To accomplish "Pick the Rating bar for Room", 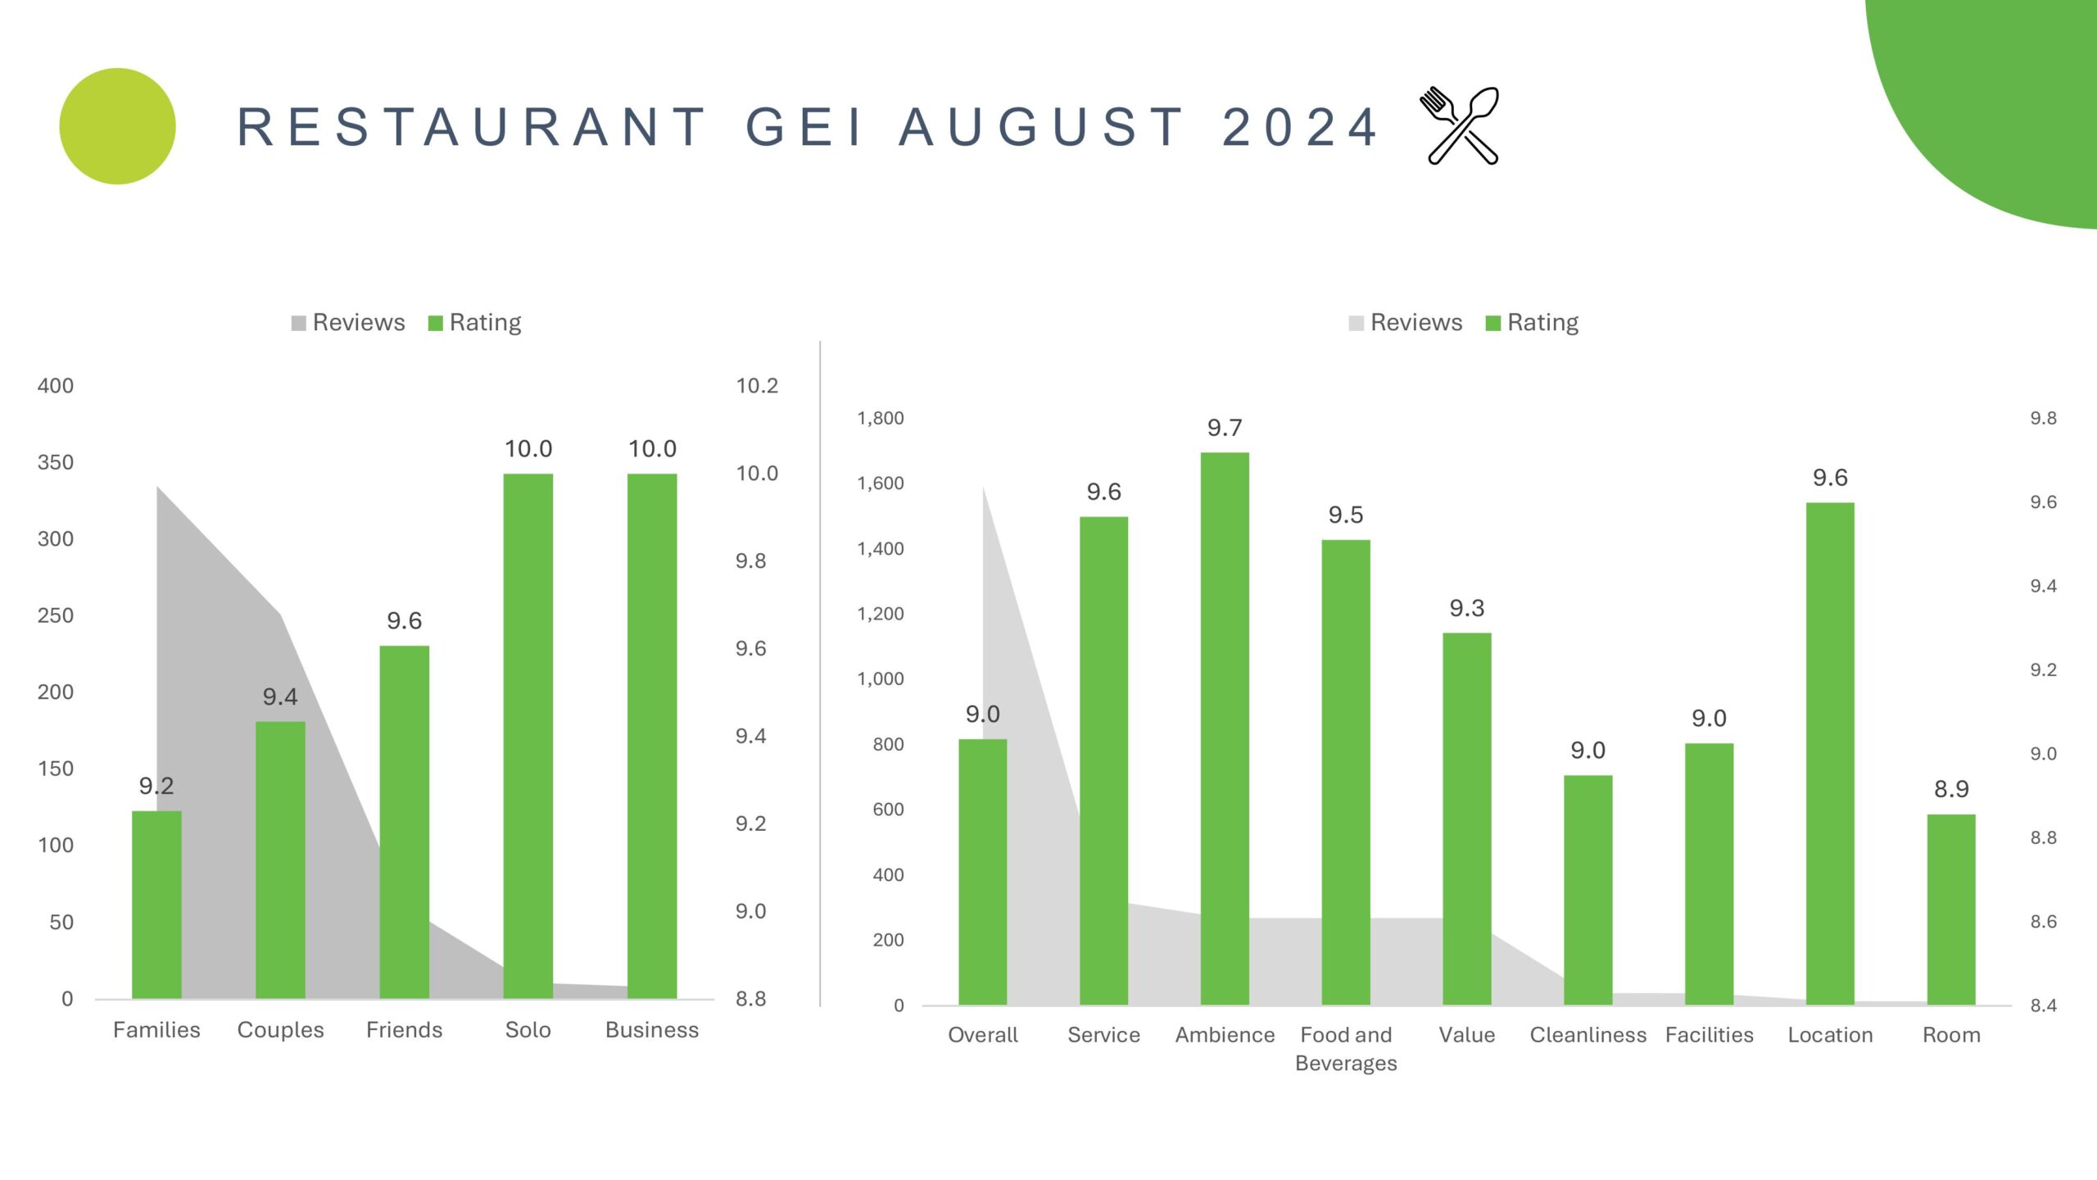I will pyautogui.click(x=1951, y=909).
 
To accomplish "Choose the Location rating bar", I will pyautogui.click(x=1830, y=753).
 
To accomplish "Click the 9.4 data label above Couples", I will pyautogui.click(x=280, y=697).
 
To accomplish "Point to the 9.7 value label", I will pyautogui.click(x=1225, y=428).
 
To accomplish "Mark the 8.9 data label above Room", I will pyautogui.click(x=1951, y=789).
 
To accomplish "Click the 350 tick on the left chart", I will pyautogui.click(x=56, y=462).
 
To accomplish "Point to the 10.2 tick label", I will pyautogui.click(x=757, y=386).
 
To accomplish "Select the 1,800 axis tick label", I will pyautogui.click(x=881, y=419).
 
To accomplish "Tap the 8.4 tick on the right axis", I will pyautogui.click(x=2043, y=1005).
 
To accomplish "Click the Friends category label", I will pyautogui.click(x=404, y=1030).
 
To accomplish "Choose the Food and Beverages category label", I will pyautogui.click(x=1346, y=1049).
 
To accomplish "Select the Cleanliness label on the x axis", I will pyautogui.click(x=1587, y=1035).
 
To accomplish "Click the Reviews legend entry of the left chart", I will pyautogui.click(x=348, y=323).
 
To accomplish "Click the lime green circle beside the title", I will pyautogui.click(x=118, y=126).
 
